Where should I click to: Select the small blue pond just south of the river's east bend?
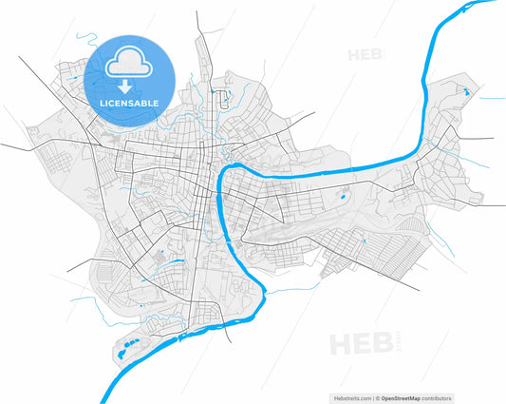click(340, 198)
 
